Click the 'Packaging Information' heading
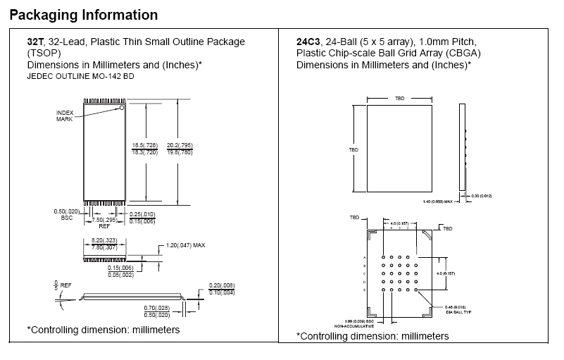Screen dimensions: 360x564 coord(84,15)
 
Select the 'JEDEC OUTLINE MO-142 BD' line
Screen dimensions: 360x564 coord(80,76)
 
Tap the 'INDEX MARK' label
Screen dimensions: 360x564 coord(65,116)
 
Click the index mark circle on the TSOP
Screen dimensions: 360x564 coord(122,108)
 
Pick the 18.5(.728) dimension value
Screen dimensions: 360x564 coord(146,146)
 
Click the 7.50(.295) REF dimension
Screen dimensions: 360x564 coord(104,221)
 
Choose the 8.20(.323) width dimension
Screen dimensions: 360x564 coord(105,240)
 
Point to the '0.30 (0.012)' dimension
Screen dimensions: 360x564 coord(481,194)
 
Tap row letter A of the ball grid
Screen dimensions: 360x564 coord(364,256)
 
